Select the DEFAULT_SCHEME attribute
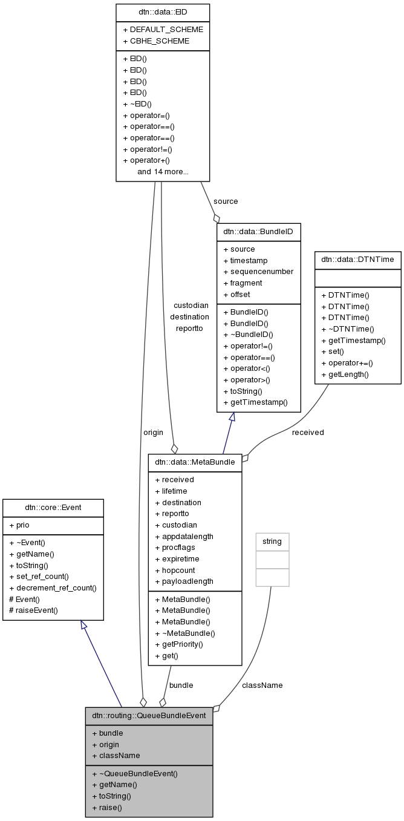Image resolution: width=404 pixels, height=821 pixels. pos(163,29)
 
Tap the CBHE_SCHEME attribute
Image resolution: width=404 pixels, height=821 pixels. pos(155,41)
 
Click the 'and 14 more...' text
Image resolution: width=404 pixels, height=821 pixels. pos(163,172)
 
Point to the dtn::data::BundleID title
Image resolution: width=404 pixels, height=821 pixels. pos(259,231)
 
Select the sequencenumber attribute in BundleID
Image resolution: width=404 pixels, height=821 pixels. pos(258,272)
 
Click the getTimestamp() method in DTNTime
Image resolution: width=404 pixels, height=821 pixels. pos(353,341)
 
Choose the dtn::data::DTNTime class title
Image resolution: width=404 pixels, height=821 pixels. pos(357,260)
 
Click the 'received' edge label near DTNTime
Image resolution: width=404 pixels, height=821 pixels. pos(308,433)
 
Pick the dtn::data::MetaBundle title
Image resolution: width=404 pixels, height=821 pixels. pos(195,462)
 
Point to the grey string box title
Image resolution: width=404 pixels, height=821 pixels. pos(272,541)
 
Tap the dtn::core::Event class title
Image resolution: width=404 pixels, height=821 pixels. pos(53,508)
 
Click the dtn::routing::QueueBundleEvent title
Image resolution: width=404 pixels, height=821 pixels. pos(149,715)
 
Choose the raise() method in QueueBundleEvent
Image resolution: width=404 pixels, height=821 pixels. pos(106,808)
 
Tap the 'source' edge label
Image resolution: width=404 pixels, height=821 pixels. pos(226,201)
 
